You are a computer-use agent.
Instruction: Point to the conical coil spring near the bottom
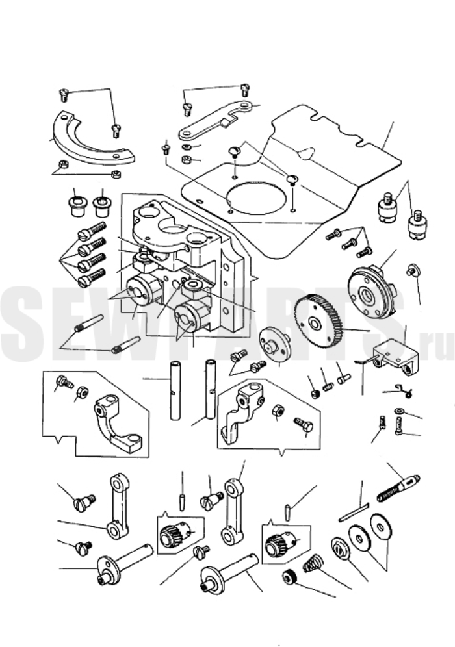point(313,563)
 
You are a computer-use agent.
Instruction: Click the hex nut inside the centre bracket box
point(277,411)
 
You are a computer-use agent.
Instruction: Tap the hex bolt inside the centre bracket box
point(304,425)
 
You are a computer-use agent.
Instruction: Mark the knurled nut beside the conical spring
point(289,577)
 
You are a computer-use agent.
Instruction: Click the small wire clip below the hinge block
point(404,389)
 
